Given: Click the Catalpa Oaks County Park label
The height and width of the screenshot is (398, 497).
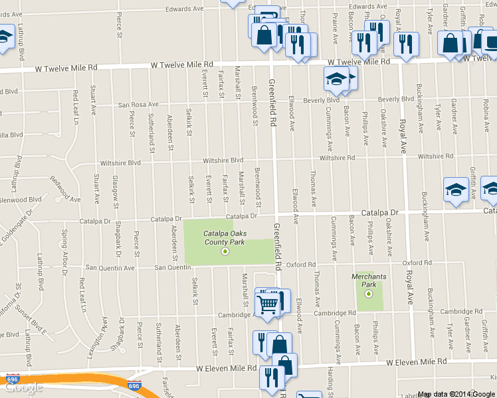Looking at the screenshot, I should pos(224,237).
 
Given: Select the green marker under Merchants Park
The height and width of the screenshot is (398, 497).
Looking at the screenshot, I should pos(369,293).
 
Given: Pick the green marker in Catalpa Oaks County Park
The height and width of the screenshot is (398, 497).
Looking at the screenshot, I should pos(225,251).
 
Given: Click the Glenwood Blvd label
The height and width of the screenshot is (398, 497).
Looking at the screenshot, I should pos(21,199).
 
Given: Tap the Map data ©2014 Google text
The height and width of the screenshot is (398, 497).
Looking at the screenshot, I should pos(456,394).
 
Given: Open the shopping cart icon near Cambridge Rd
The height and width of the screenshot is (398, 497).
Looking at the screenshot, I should pos(267,304).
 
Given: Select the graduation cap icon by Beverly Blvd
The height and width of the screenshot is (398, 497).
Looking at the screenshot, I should pos(336,80).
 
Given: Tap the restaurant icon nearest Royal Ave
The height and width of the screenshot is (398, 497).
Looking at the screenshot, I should pos(405,44).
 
